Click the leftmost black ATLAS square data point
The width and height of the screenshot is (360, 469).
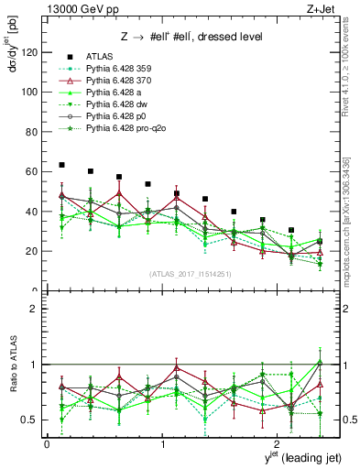coord(61,165)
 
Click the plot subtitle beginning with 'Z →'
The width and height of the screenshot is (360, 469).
coord(183,38)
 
